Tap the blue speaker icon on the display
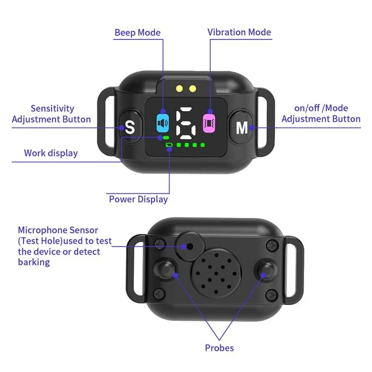point(163,123)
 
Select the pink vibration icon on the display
point(209,123)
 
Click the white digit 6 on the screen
point(186,123)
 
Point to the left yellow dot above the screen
point(180,89)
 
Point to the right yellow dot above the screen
point(192,89)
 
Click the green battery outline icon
point(169,145)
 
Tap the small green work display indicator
point(166,137)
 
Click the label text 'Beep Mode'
point(137,33)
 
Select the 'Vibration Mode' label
point(239,32)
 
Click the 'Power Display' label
point(138,199)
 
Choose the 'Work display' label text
point(51,153)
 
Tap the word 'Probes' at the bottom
point(219,348)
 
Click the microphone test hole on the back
point(189,247)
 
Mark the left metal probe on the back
point(165,269)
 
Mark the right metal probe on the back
point(266,270)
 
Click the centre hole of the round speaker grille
point(216,273)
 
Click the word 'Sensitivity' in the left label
point(53,109)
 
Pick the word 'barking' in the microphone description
point(34,262)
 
